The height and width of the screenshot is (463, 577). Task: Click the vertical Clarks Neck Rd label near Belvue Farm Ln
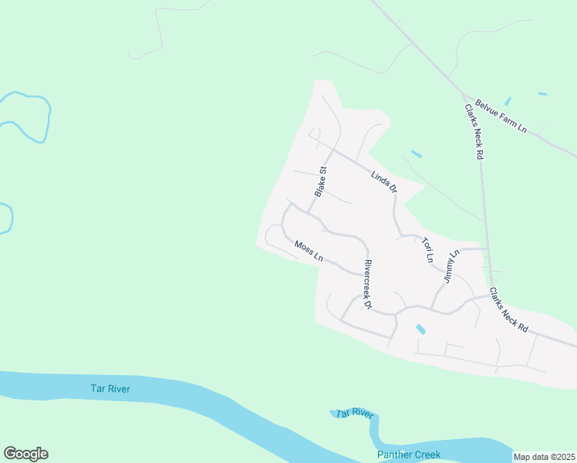click(474, 132)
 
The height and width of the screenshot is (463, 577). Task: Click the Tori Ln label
click(427, 250)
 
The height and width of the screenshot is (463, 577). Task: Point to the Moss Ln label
click(308, 251)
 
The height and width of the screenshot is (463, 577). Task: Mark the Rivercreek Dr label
click(367, 283)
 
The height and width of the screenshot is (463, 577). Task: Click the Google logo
click(25, 454)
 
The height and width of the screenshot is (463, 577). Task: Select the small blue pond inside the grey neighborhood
click(420, 330)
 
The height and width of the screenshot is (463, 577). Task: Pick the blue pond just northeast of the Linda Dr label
click(416, 154)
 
